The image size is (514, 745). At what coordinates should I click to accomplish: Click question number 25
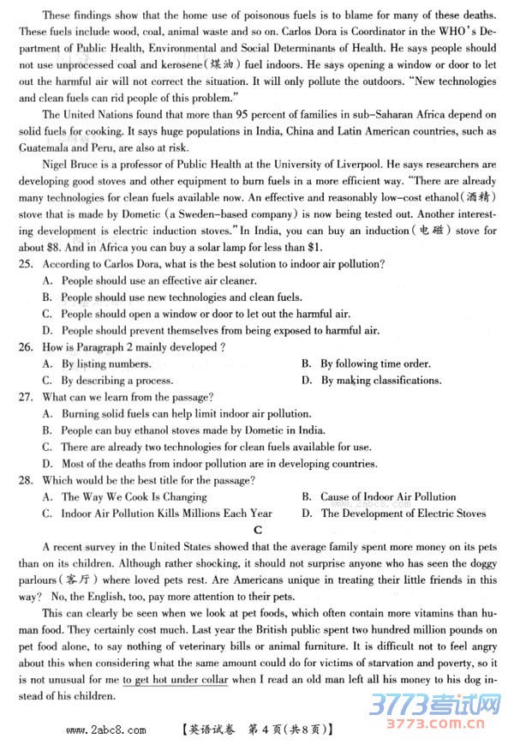[x=26, y=264]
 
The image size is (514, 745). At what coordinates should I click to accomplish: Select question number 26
[x=26, y=347]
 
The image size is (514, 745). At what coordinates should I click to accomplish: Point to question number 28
[x=26, y=480]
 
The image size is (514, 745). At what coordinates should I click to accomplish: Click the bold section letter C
[x=256, y=529]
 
